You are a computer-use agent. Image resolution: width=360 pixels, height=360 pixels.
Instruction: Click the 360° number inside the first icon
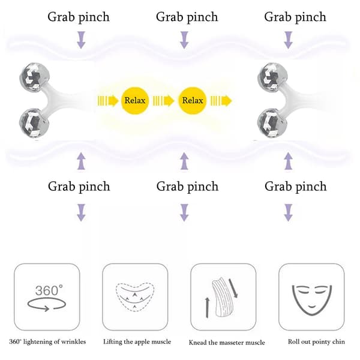click(49, 290)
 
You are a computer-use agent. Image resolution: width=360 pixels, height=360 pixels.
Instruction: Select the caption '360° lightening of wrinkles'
click(47, 342)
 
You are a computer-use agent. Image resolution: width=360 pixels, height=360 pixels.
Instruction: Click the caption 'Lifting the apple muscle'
click(137, 342)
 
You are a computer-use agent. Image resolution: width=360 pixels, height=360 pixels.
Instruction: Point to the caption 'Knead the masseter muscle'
click(227, 343)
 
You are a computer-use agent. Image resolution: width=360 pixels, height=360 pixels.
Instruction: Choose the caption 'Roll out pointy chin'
click(316, 342)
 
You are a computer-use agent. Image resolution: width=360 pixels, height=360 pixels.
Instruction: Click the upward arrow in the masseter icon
click(208, 308)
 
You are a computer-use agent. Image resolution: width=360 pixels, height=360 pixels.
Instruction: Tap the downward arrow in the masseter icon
click(234, 289)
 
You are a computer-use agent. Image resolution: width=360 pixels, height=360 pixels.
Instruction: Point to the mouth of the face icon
click(312, 307)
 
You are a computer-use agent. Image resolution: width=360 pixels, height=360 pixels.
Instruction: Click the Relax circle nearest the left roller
click(135, 101)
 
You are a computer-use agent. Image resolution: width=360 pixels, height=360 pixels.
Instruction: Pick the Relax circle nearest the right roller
click(193, 101)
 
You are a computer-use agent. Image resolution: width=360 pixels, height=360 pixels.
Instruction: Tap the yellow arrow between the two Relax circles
click(163, 101)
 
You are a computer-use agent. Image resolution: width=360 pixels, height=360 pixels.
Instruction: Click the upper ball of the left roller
click(35, 77)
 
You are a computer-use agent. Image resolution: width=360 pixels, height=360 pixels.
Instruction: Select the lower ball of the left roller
click(34, 123)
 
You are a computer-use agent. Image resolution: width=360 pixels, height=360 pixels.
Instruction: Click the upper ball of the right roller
click(272, 77)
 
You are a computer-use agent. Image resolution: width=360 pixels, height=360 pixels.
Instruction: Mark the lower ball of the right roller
click(272, 123)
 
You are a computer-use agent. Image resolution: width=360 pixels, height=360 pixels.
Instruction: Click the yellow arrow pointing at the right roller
click(221, 101)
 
